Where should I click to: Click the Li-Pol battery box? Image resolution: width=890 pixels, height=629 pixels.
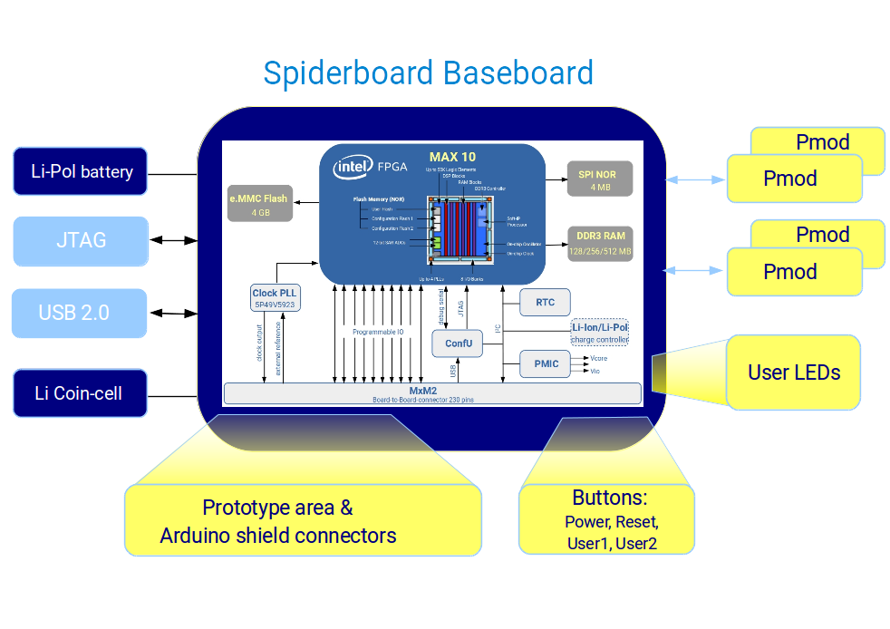(x=81, y=171)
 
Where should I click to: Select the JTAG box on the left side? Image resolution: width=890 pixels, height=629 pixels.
(x=81, y=240)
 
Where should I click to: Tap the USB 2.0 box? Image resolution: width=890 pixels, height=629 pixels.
(x=79, y=313)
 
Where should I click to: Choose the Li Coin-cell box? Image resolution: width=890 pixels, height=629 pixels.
(x=80, y=392)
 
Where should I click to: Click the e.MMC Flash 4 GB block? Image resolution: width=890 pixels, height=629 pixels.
(x=260, y=205)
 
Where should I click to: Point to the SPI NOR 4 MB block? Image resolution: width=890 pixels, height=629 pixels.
(x=600, y=179)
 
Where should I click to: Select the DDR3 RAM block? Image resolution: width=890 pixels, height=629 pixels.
(x=600, y=243)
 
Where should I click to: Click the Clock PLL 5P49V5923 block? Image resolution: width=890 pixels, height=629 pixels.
(x=276, y=298)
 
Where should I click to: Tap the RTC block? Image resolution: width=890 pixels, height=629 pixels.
(x=545, y=303)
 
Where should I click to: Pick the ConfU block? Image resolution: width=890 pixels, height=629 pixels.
(x=459, y=343)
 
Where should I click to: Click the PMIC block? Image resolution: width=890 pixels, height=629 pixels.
(x=546, y=364)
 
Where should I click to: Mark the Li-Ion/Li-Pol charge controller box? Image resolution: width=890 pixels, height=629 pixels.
(x=599, y=333)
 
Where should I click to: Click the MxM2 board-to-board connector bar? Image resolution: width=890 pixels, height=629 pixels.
(x=432, y=392)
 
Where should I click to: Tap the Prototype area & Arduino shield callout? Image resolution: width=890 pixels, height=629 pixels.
(x=303, y=520)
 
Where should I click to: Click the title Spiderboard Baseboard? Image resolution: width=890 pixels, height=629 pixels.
(x=428, y=73)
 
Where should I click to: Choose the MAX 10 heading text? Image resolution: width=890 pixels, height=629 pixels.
(x=452, y=157)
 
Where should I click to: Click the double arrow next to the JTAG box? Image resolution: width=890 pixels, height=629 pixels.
(x=171, y=240)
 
